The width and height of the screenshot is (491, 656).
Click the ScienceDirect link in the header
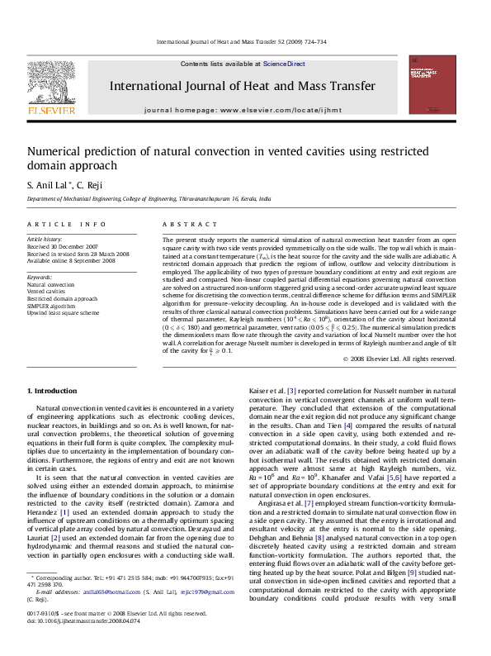point(284,64)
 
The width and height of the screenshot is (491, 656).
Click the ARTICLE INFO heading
point(66,225)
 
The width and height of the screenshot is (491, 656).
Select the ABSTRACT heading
point(184,225)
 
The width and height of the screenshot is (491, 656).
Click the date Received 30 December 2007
point(60,246)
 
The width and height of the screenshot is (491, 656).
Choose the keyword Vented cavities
point(48,291)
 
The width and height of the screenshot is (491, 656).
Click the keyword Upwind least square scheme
point(64,313)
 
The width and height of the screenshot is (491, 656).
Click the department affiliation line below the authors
point(149,199)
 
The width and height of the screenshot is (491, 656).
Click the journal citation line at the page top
point(242,42)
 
